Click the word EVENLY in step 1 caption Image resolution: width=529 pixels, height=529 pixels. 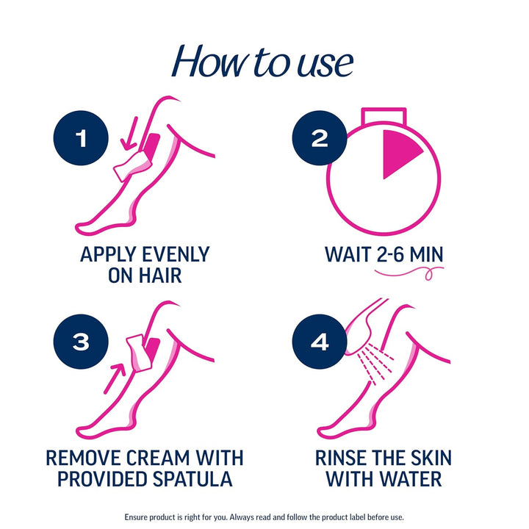[170, 255]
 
